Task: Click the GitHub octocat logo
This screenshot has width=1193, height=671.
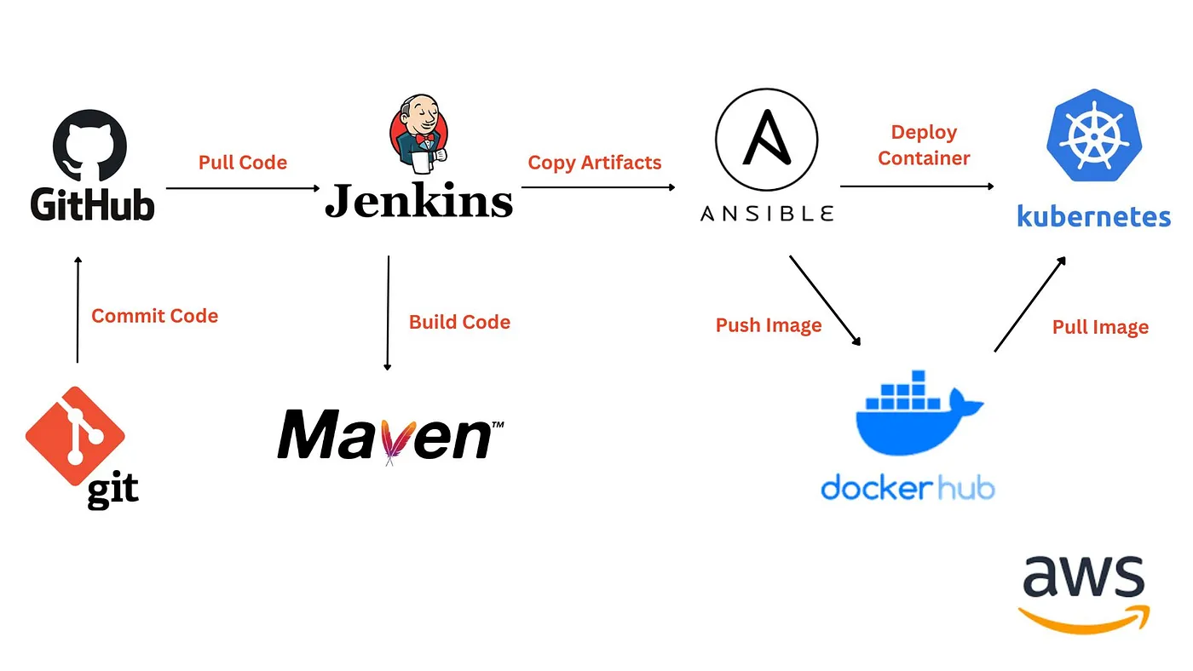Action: tap(89, 148)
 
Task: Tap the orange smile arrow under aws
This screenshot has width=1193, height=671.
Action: tap(1083, 618)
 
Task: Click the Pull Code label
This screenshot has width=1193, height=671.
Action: tap(243, 162)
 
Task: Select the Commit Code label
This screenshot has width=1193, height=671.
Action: tap(154, 316)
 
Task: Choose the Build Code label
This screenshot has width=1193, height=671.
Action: tap(459, 322)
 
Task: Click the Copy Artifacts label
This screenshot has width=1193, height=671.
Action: tap(595, 163)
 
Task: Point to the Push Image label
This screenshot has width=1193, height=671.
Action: tap(769, 325)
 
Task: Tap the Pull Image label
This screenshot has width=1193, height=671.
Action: tap(1100, 327)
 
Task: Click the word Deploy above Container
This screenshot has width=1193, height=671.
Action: tap(924, 133)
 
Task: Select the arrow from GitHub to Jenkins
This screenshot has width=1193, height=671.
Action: tap(242, 188)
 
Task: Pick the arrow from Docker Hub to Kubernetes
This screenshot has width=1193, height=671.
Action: tap(1029, 303)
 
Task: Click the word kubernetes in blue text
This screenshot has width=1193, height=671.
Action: tap(1093, 215)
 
